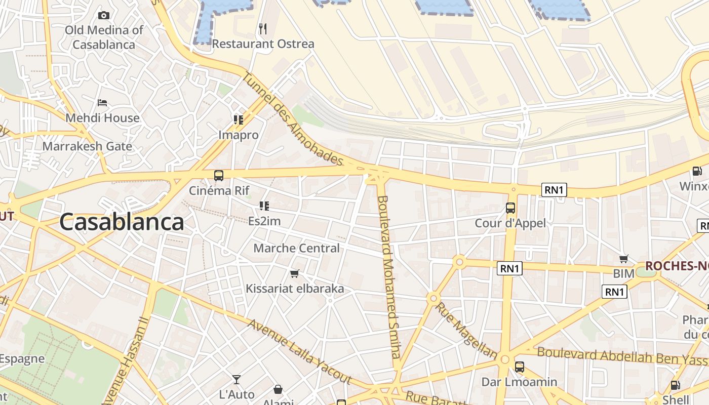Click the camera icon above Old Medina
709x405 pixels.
click(x=103, y=16)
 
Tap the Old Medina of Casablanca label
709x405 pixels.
click(x=104, y=37)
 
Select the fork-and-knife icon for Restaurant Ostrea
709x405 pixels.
click(x=262, y=29)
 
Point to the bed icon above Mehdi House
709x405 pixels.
click(x=103, y=103)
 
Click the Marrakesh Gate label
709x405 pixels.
click(x=87, y=146)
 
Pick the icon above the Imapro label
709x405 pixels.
click(x=239, y=120)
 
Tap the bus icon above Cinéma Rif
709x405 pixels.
click(x=219, y=176)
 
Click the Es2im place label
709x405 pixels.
click(x=264, y=221)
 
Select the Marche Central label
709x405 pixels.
click(x=296, y=248)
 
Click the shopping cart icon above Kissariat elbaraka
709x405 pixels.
click(x=294, y=273)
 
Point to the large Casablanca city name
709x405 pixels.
click(x=122, y=222)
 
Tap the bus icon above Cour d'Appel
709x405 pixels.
click(x=510, y=208)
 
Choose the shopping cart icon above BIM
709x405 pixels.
click(x=624, y=259)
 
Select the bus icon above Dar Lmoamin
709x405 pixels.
click(x=519, y=367)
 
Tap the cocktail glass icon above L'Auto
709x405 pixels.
click(x=237, y=379)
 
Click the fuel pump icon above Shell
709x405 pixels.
click(x=675, y=385)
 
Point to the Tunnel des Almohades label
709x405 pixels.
click(x=293, y=119)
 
